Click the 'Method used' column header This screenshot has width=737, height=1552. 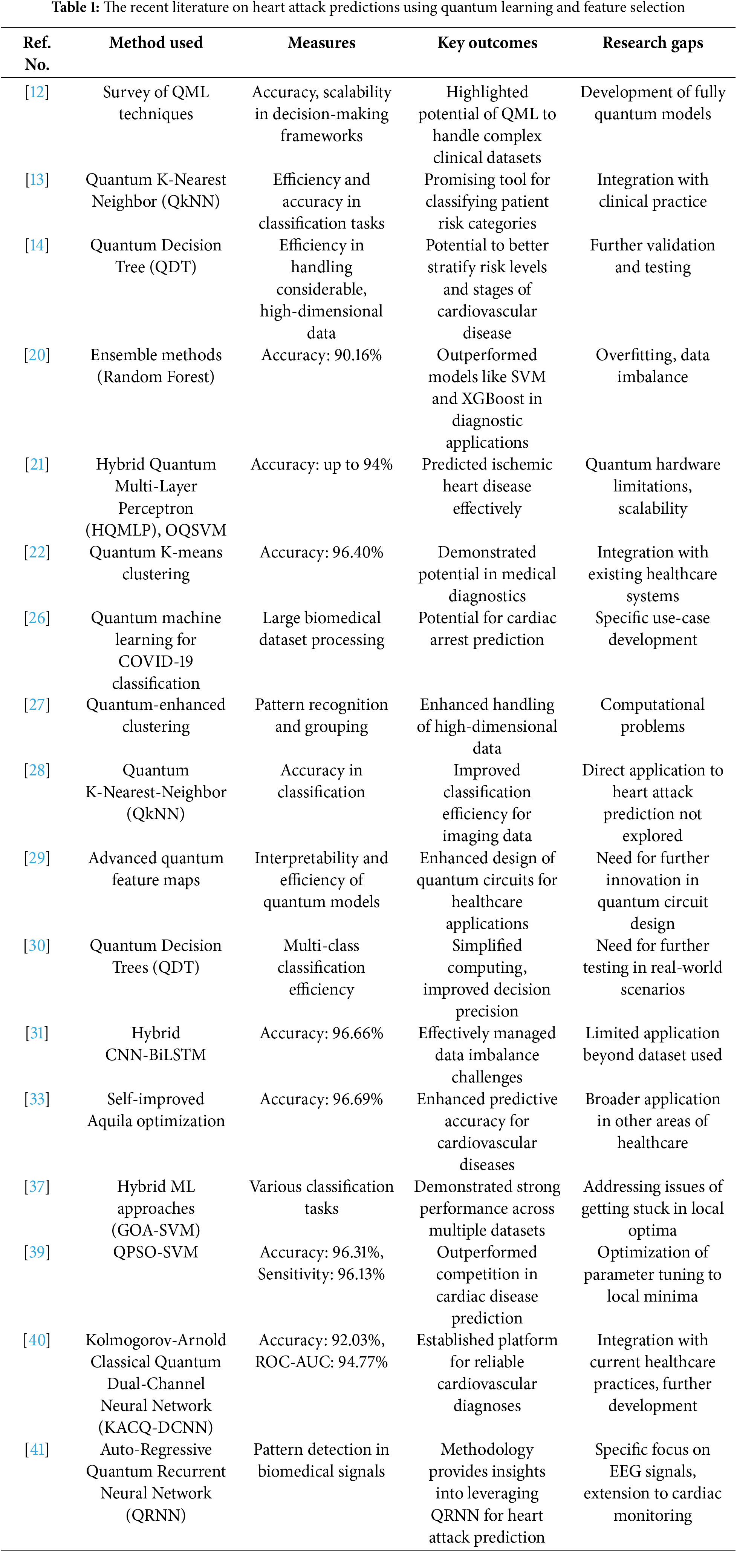[x=156, y=43]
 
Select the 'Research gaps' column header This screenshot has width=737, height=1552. [x=653, y=43]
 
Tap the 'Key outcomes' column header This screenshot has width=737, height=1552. [x=487, y=43]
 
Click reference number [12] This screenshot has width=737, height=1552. [x=37, y=92]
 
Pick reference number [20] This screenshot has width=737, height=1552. [x=37, y=355]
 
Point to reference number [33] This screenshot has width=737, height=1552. [x=37, y=1099]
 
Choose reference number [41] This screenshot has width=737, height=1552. [x=37, y=1449]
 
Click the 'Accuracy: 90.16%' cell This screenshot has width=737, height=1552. [x=321, y=355]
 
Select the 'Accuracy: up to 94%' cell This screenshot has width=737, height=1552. [x=321, y=465]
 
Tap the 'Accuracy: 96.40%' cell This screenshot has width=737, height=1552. [x=321, y=552]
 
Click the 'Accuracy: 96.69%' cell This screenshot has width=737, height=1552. [x=321, y=1099]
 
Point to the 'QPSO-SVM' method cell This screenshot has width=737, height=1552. [x=156, y=1252]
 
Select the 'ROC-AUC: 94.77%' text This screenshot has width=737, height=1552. [x=321, y=1362]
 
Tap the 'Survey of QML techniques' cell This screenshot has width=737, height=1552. [x=156, y=103]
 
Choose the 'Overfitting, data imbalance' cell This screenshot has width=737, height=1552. [x=653, y=366]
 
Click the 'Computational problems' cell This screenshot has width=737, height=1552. [x=653, y=715]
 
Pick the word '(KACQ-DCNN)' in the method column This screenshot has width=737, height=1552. [x=156, y=1427]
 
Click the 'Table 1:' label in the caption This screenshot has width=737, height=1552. [x=75, y=8]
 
